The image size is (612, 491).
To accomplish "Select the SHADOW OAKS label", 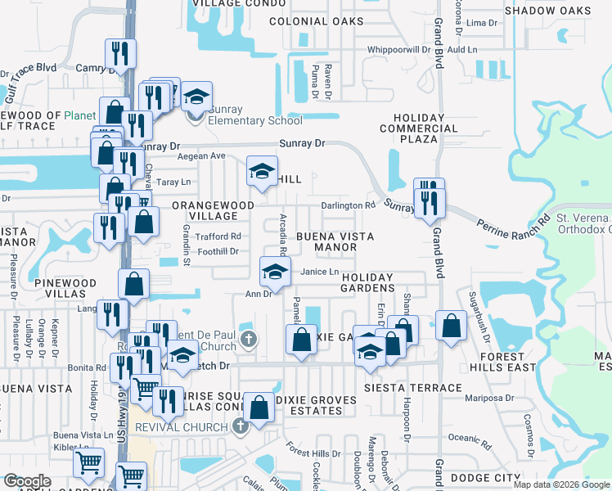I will [x=547, y=10].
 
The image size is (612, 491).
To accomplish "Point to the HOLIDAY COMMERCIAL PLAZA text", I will [x=419, y=128].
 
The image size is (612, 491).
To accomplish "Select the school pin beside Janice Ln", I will [x=276, y=271].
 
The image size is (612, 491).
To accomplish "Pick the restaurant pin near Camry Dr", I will [x=120, y=55].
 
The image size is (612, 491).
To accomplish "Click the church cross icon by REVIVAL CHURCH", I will [x=240, y=426].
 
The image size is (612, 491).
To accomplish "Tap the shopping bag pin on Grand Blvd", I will [x=451, y=325].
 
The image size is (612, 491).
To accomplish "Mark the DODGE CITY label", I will [x=491, y=477].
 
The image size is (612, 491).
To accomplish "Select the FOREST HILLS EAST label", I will [x=503, y=363].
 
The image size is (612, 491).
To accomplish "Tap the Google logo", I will [x=27, y=481].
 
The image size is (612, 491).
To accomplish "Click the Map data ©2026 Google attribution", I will [x=561, y=484].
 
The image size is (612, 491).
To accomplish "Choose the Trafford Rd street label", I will [x=218, y=236].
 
